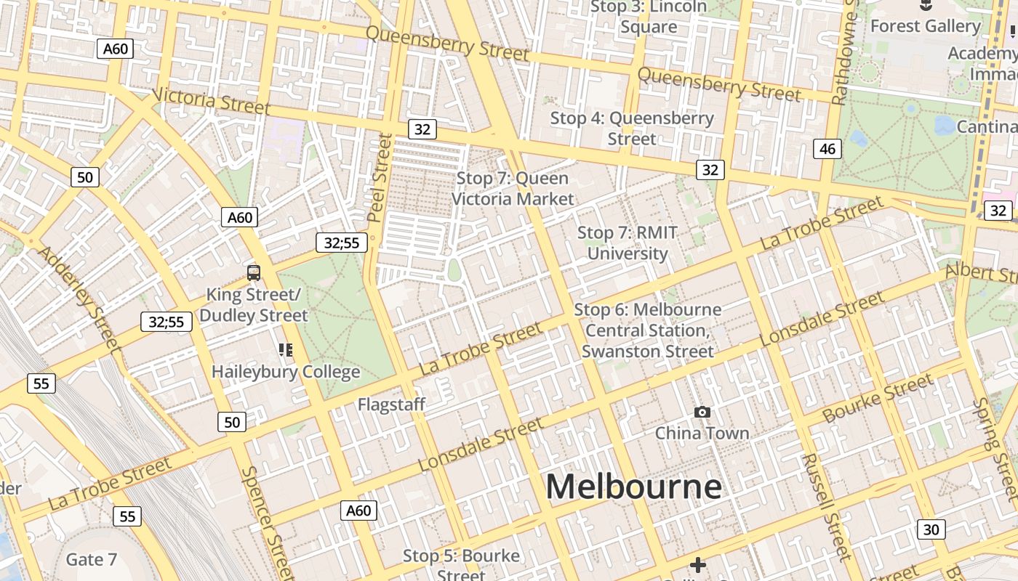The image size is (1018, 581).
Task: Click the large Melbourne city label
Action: (633, 487)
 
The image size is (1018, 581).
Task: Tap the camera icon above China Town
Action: (702, 413)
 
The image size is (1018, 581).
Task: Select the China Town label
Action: (702, 433)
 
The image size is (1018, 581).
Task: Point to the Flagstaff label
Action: (391, 405)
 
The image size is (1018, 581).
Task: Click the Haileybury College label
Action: (286, 372)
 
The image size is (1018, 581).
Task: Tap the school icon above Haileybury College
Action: (286, 351)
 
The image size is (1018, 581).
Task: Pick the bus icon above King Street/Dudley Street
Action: (254, 273)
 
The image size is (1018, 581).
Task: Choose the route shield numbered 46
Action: (827, 149)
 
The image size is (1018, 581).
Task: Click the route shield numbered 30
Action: (931, 529)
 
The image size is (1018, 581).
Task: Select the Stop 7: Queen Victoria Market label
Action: (513, 188)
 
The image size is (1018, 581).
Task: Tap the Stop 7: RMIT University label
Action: (628, 243)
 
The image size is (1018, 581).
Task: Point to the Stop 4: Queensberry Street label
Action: (632, 128)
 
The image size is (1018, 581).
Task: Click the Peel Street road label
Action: (380, 178)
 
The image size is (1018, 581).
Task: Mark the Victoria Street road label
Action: (212, 102)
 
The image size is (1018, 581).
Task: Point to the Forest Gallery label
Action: (925, 26)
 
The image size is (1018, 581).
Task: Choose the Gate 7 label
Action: (91, 559)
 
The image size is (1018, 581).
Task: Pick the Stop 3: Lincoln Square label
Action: (649, 17)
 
